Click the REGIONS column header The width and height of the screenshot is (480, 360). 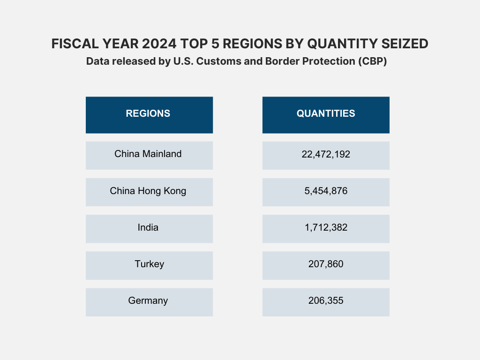(148, 114)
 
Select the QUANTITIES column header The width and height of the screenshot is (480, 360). (326, 114)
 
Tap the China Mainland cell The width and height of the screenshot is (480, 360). (148, 154)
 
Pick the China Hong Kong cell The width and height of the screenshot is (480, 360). (148, 191)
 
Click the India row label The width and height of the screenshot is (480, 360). (148, 228)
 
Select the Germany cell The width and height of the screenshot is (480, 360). (148, 301)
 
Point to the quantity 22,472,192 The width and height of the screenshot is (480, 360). (326, 154)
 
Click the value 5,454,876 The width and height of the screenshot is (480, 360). (326, 191)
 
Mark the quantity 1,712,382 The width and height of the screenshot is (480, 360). (326, 228)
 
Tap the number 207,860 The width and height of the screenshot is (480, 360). (326, 264)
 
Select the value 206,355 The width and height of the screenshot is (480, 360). (326, 301)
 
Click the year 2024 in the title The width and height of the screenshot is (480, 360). (157, 44)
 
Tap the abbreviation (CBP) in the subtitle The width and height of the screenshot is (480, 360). (373, 62)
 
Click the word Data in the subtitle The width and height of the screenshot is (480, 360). (97, 62)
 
